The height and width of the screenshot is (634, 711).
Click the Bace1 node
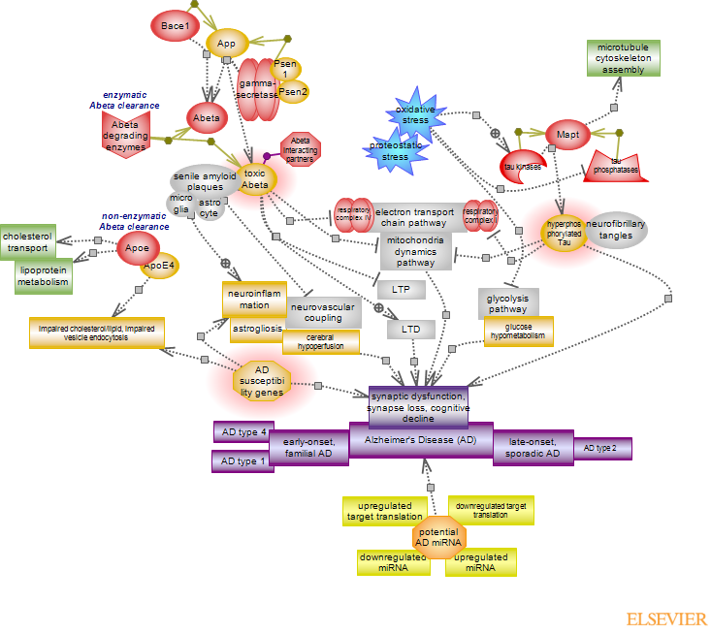(x=176, y=24)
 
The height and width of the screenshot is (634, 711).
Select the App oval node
(x=227, y=43)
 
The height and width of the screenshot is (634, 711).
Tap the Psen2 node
(x=293, y=92)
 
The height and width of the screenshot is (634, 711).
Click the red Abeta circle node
(x=206, y=118)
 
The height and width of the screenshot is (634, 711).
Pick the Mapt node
(x=567, y=133)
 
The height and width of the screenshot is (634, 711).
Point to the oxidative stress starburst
(x=415, y=114)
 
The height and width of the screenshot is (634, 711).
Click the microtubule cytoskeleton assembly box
(x=622, y=58)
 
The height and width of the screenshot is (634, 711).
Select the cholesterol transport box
(x=27, y=240)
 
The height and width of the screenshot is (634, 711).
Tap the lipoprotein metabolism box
(x=43, y=275)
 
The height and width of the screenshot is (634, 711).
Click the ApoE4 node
(x=159, y=265)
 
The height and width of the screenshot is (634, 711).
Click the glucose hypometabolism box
(x=519, y=332)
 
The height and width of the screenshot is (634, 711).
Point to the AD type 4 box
(x=242, y=431)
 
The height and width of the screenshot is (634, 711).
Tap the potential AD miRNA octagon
(x=440, y=537)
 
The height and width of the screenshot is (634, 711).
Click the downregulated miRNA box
(x=394, y=562)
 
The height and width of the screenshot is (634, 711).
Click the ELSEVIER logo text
(x=665, y=619)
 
